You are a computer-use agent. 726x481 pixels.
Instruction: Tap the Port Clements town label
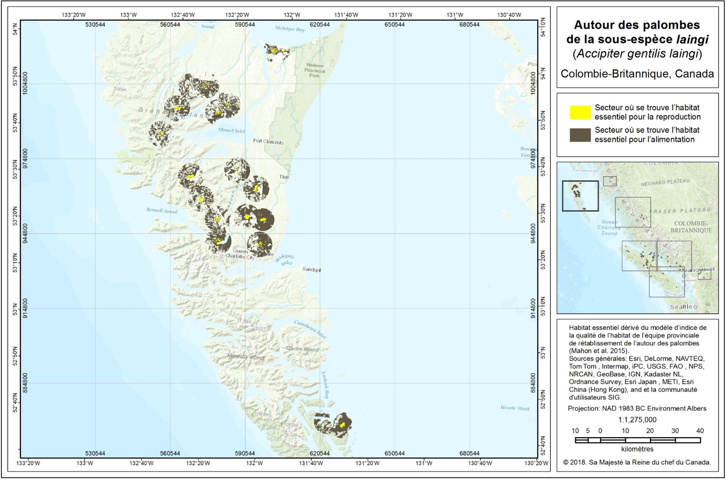(268, 141)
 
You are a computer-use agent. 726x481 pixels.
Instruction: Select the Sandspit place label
(311, 270)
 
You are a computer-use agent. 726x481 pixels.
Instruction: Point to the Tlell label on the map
(284, 177)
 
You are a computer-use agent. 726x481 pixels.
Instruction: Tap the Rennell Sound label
(162, 212)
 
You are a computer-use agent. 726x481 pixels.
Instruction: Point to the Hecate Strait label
(514, 408)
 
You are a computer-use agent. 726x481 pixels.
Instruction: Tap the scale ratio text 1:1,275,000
(637, 420)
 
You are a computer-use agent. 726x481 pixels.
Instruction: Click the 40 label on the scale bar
(700, 431)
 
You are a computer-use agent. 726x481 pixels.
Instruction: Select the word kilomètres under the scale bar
(637, 449)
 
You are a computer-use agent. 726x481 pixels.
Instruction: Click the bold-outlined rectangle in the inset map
(580, 196)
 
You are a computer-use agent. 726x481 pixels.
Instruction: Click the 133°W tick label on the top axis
(130, 14)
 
